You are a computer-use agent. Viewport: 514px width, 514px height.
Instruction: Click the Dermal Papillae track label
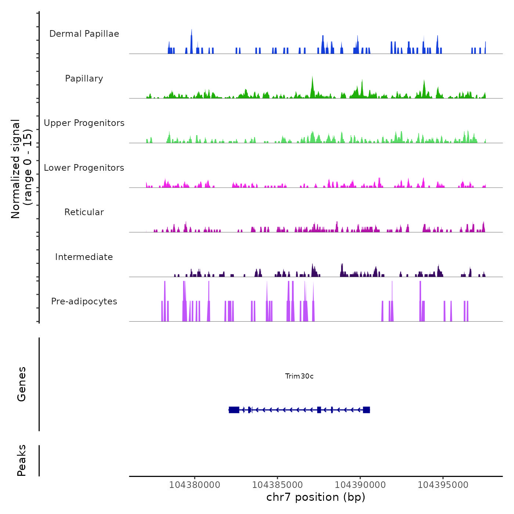[84, 34]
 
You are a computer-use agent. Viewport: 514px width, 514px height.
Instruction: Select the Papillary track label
[84, 79]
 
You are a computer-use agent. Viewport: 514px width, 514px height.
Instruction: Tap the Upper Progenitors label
[84, 123]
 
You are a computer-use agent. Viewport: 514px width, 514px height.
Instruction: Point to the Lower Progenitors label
[84, 168]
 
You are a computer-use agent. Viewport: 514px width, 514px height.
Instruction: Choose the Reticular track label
[84, 212]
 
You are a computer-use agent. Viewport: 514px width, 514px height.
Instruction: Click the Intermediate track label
[84, 257]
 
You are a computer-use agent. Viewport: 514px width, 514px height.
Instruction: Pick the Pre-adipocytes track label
[84, 301]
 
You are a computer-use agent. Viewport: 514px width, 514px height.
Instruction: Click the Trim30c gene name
[299, 376]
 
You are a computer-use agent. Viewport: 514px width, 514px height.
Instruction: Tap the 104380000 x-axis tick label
[195, 485]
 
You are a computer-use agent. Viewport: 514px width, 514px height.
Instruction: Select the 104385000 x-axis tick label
[278, 485]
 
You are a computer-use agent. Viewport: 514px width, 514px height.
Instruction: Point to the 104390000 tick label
[360, 485]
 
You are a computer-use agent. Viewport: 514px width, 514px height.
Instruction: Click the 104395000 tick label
[443, 485]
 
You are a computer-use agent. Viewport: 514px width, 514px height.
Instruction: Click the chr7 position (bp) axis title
[316, 497]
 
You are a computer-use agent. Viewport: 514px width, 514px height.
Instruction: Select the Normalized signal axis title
[21, 169]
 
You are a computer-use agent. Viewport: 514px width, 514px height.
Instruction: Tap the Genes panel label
[22, 384]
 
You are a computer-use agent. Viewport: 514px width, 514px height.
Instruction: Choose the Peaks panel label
[22, 460]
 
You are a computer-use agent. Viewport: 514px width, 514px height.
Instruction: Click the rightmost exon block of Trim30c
[366, 410]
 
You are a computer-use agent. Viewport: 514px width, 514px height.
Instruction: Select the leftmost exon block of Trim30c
[234, 410]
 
